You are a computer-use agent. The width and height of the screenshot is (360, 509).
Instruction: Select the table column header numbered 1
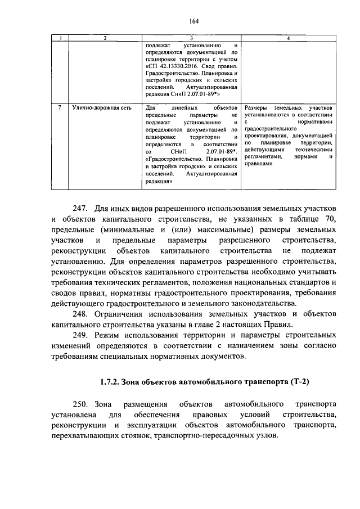(60, 38)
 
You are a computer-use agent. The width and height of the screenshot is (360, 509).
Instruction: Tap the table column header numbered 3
(191, 38)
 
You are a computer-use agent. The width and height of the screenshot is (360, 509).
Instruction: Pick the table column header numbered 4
(289, 38)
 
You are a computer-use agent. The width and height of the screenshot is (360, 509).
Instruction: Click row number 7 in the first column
(60, 107)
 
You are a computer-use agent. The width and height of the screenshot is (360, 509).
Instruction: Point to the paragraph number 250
(82, 404)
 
